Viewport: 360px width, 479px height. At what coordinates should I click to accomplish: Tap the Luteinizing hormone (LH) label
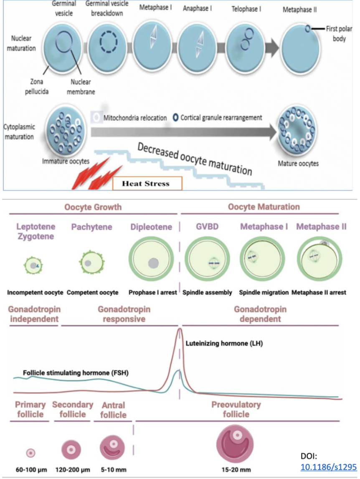coord(223,344)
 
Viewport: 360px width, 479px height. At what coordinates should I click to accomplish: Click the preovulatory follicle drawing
coord(236,442)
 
